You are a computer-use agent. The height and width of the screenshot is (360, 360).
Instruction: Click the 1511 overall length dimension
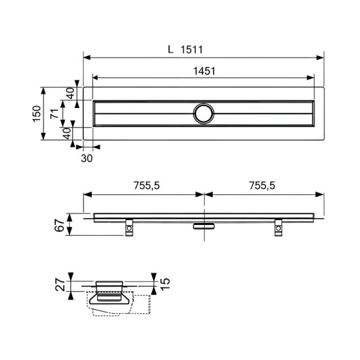[x=192, y=49]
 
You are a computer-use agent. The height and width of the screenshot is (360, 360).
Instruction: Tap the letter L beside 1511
[x=171, y=49]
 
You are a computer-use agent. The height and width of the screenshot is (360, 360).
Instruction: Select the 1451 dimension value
[x=204, y=71]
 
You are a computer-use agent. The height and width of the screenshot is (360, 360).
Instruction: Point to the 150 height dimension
[x=37, y=114]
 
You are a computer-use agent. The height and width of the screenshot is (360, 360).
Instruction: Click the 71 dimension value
[x=54, y=114]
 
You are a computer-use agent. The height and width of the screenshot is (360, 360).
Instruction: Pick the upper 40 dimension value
[x=71, y=93]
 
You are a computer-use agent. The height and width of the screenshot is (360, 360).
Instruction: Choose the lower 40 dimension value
[x=67, y=133]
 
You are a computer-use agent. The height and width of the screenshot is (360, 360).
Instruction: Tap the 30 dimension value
[x=87, y=158]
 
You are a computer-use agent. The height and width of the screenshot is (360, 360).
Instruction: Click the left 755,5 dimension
[x=147, y=185]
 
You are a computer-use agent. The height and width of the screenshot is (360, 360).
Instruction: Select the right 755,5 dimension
[x=262, y=185]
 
